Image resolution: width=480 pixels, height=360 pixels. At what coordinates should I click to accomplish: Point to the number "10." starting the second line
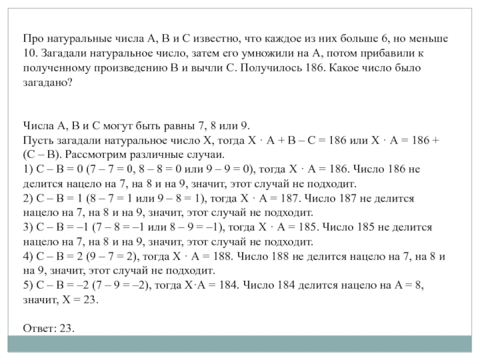click(31, 53)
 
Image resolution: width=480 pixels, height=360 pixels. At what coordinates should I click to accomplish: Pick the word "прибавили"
click(400, 53)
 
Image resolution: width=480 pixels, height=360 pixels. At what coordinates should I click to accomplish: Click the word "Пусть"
click(37, 140)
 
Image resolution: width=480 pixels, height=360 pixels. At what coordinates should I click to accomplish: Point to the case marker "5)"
click(28, 286)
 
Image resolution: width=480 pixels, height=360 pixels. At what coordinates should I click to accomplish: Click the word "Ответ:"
click(40, 329)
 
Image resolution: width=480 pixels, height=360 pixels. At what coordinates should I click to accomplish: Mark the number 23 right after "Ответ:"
click(67, 329)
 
